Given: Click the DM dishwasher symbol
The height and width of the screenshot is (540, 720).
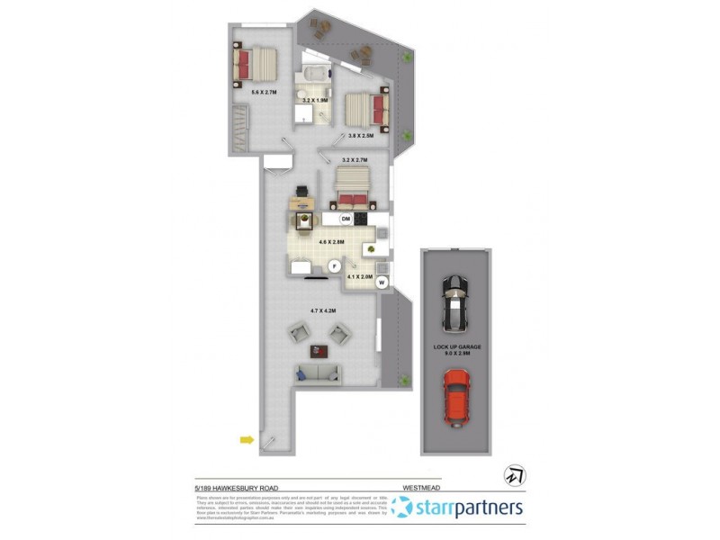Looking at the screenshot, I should (x=345, y=219).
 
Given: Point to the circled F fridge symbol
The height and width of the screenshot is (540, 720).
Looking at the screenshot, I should (x=333, y=265).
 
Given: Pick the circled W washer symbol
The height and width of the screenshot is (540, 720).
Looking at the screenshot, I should (x=381, y=283).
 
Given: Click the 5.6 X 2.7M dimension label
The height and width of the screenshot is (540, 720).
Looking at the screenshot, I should (x=263, y=91).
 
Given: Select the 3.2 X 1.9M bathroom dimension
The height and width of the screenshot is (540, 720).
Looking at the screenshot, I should (x=314, y=101).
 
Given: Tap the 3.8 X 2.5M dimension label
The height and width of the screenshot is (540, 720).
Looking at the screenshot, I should (x=362, y=136).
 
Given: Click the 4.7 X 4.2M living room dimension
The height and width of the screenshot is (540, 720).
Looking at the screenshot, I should (x=323, y=311).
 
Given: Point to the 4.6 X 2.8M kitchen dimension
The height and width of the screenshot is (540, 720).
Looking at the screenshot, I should (x=334, y=242).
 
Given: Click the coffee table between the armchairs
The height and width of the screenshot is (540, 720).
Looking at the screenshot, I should (x=319, y=350).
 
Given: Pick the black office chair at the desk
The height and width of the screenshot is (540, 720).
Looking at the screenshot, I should (x=302, y=190).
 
